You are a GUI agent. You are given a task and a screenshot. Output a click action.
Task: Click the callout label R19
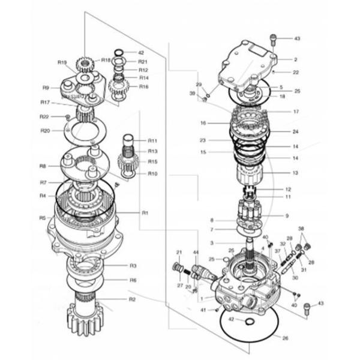[61, 62]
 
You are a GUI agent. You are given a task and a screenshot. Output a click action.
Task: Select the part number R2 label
[133, 299]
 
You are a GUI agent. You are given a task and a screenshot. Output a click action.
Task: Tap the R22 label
[44, 116]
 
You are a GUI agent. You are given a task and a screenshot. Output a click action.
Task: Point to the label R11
[152, 140]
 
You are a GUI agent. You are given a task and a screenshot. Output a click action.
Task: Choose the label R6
[133, 280]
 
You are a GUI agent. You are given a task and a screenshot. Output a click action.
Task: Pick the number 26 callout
[285, 338]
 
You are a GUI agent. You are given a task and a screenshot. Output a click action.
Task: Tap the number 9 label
[287, 215]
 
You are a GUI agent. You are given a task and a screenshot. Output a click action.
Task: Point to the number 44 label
[196, 253]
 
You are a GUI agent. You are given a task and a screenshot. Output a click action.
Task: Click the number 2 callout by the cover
[295, 59]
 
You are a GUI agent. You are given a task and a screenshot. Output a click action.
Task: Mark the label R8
[43, 166]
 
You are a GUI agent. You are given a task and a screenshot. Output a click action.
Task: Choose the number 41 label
[203, 310]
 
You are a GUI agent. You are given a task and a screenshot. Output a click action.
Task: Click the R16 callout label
[143, 86]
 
